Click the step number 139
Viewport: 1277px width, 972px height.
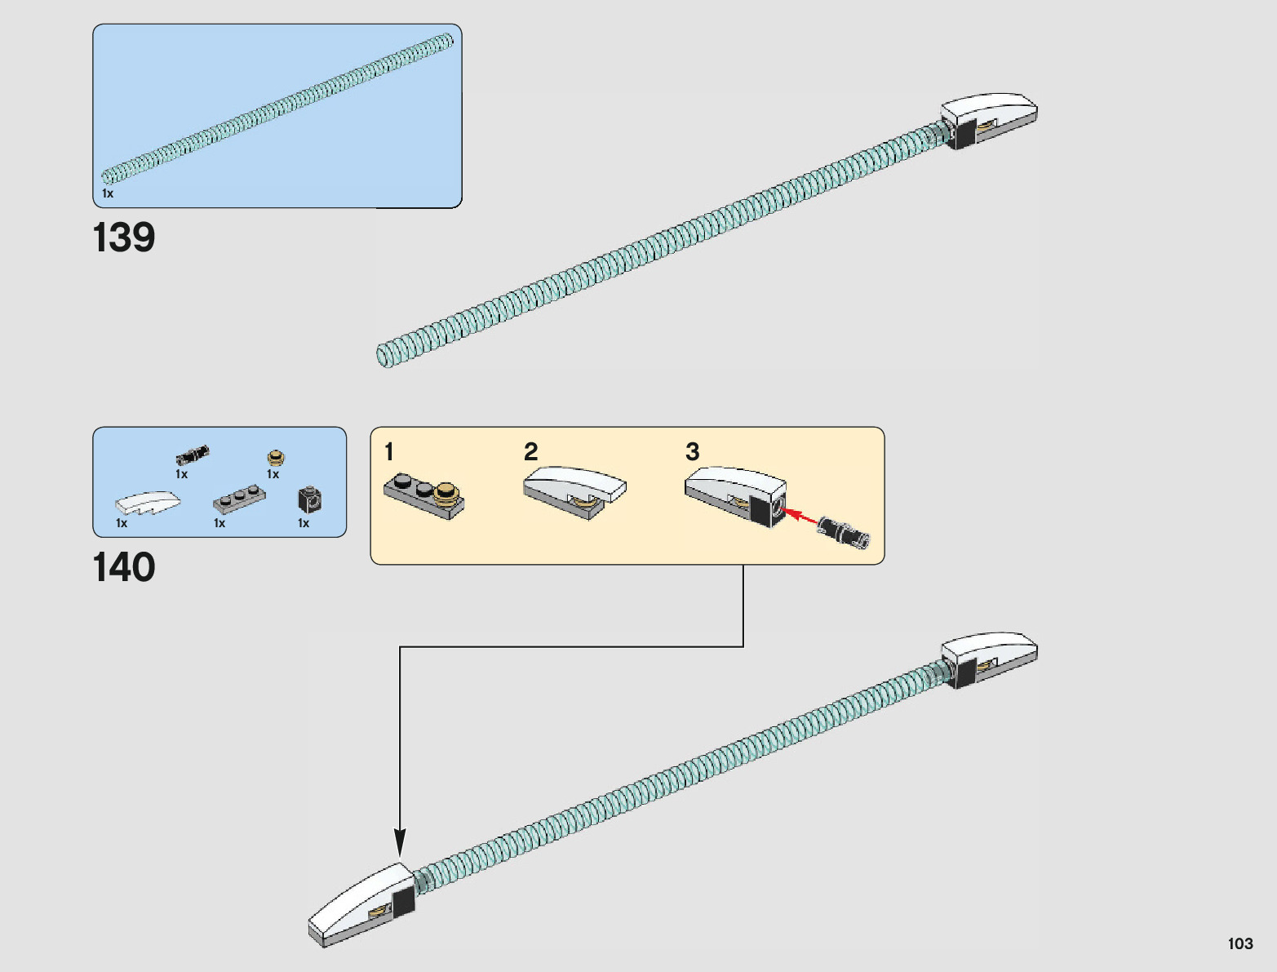point(124,237)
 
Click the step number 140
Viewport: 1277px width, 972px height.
point(124,567)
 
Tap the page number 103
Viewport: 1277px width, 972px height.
point(1239,943)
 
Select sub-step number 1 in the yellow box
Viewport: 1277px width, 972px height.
point(389,451)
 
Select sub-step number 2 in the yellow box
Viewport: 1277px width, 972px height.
point(530,451)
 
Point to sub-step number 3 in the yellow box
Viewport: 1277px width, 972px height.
point(692,451)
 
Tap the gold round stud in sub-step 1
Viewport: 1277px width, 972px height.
point(446,492)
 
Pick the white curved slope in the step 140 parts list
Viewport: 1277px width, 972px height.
point(144,501)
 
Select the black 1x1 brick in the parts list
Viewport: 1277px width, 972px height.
point(309,499)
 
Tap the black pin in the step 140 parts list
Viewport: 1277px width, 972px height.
point(193,454)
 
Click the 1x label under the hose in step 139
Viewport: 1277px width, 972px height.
point(108,193)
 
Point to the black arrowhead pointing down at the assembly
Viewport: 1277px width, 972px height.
point(400,841)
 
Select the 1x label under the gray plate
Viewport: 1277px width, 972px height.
point(219,523)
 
